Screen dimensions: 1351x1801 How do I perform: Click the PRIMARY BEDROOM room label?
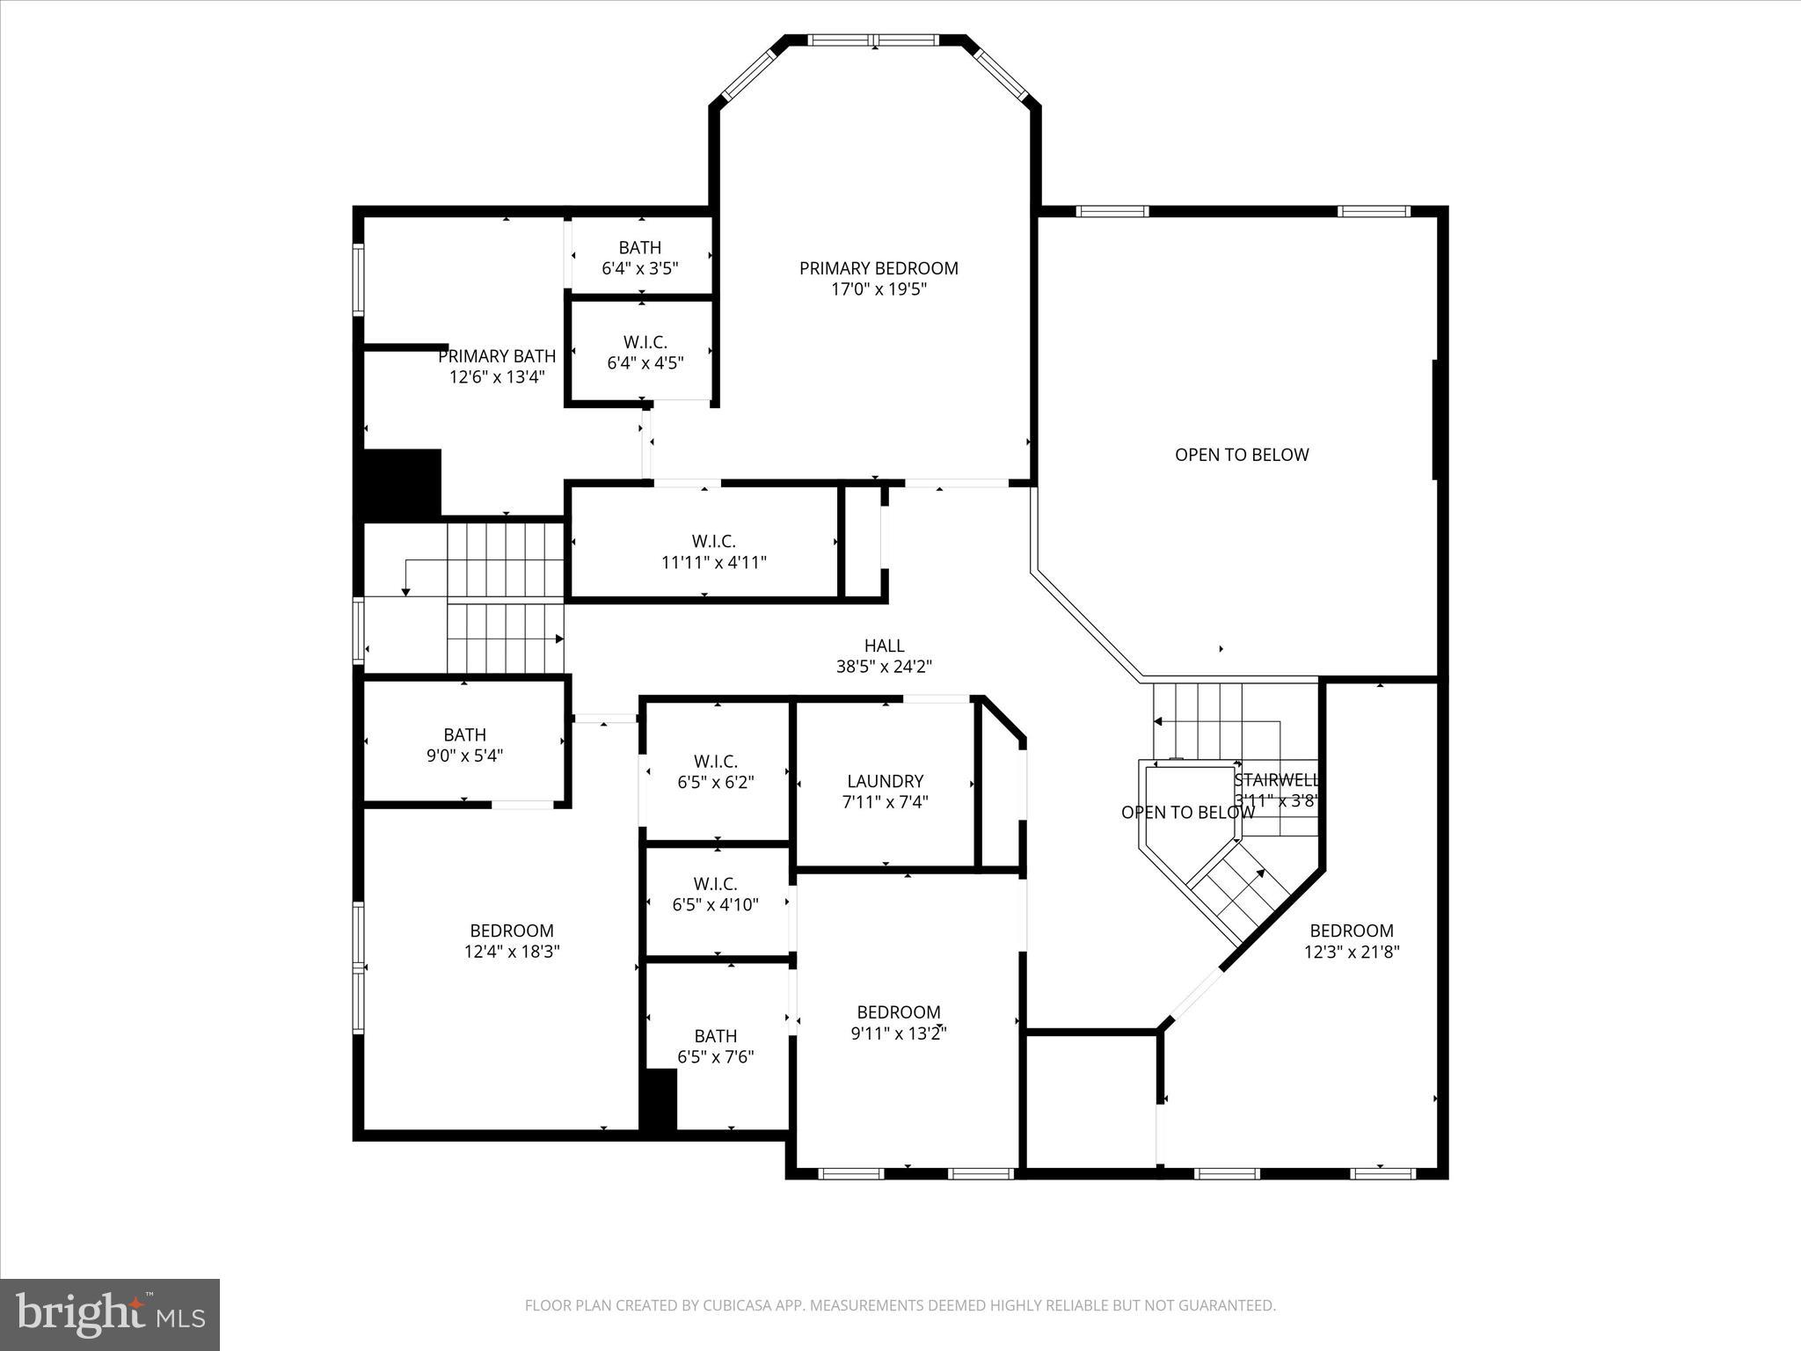(x=878, y=268)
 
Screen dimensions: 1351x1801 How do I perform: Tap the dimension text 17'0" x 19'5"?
(x=878, y=289)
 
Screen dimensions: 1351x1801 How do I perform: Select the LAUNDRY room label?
(x=885, y=781)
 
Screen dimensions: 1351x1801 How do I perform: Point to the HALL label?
(x=884, y=646)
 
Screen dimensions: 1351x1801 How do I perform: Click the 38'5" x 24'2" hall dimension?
(x=884, y=667)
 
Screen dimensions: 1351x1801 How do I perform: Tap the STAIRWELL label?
(x=1276, y=780)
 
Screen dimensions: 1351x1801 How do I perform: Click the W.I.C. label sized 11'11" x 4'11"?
(x=713, y=542)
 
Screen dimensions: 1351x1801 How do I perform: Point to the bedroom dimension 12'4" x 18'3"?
(x=512, y=952)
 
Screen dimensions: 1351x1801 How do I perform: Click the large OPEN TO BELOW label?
(x=1242, y=455)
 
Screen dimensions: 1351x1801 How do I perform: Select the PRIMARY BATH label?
(x=497, y=356)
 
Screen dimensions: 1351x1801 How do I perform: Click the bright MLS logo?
(x=110, y=1314)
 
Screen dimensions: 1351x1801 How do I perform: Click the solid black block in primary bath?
(x=402, y=483)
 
